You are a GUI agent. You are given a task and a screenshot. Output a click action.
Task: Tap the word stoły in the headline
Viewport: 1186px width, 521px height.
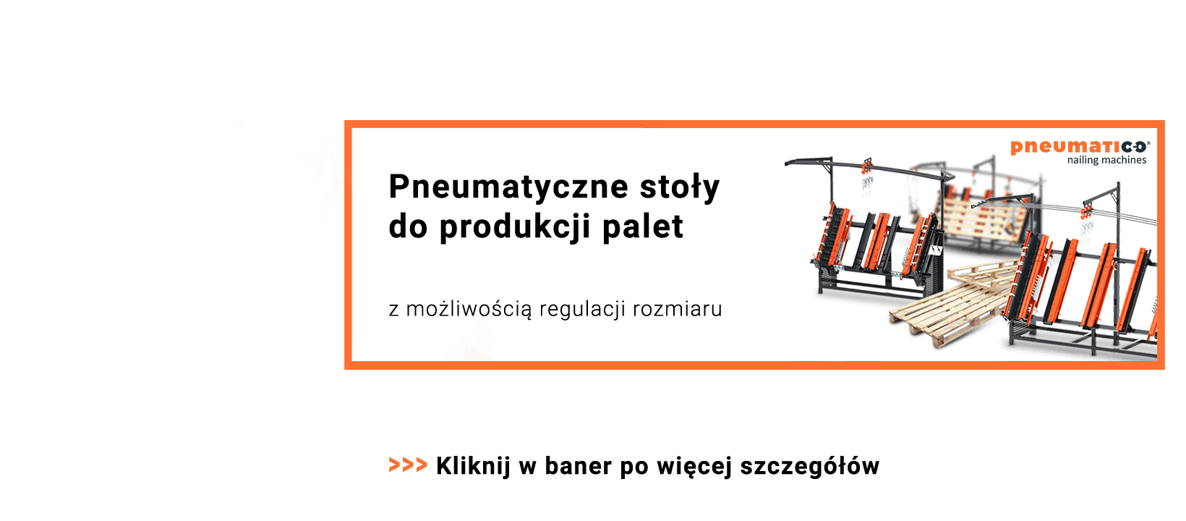(679, 187)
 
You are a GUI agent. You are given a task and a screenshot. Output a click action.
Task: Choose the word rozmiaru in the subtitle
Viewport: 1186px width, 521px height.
(677, 310)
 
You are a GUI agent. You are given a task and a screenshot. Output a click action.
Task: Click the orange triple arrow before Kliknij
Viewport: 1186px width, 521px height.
(408, 465)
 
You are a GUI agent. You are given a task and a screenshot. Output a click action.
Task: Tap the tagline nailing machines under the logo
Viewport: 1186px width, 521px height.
(1106, 161)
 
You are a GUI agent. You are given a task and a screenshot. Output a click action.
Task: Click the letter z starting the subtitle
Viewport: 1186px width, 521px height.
(393, 310)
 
